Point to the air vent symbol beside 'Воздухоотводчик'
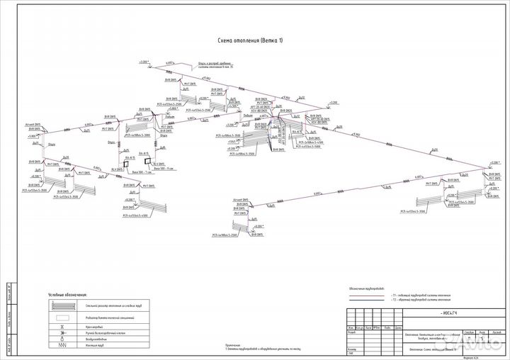(x=63, y=339)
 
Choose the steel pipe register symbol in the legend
(x=63, y=306)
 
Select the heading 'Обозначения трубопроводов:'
(x=368, y=288)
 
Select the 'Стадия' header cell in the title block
(x=465, y=331)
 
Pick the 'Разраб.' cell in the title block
(x=351, y=332)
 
